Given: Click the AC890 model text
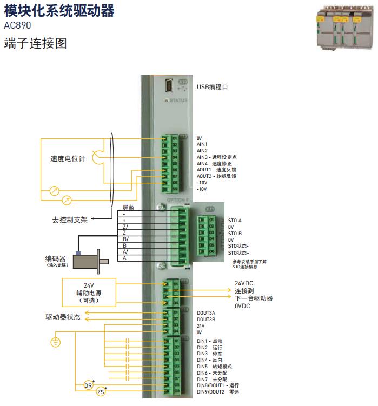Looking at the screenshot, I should tap(17, 25).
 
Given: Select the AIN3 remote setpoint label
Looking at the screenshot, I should tap(216, 157).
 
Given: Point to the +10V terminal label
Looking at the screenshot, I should tap(202, 183).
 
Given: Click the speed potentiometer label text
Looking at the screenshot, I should tap(68, 159).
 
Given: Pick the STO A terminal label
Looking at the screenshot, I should tap(235, 221).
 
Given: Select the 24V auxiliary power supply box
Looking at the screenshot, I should tap(89, 292).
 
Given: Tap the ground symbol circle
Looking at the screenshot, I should tap(54, 342).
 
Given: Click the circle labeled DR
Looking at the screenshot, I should tap(89, 385).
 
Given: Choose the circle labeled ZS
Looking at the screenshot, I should tap(101, 392).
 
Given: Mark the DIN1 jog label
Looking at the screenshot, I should tap(209, 341).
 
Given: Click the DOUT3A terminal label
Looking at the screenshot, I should tap(206, 313).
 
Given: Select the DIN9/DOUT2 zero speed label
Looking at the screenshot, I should tap(217, 391).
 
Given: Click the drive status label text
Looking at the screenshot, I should tap(63, 317).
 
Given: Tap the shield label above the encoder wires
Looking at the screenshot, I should tap(128, 207).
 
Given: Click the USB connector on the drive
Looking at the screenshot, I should tap(170, 86).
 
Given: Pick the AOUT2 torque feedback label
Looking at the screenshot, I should tap(216, 176).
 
